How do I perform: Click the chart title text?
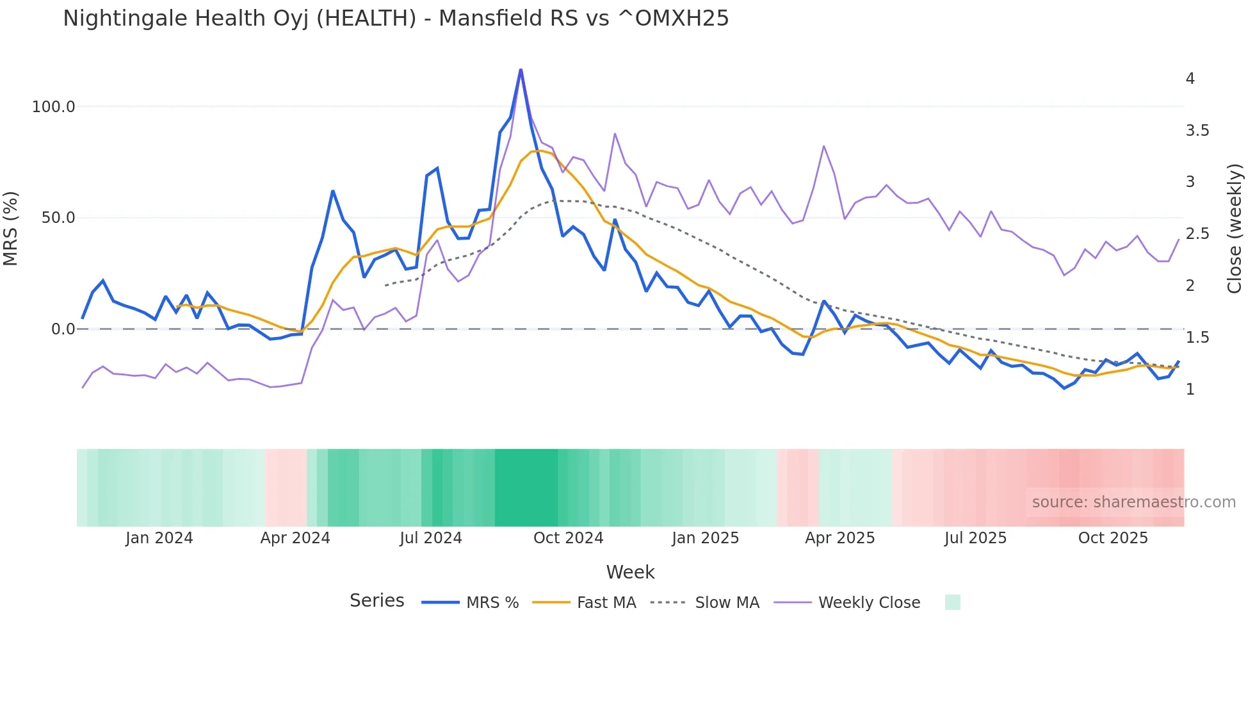point(396,19)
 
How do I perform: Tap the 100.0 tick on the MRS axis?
point(54,107)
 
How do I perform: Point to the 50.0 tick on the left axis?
point(58,218)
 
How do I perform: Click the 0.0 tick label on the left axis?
point(63,329)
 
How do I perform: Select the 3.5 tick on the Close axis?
point(1197,131)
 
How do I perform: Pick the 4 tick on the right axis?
point(1190,79)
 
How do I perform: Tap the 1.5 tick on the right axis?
point(1197,338)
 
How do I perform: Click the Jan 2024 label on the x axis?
point(159,538)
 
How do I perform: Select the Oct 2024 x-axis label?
point(568,538)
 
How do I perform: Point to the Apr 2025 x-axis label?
point(839,538)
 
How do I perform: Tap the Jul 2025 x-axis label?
point(975,538)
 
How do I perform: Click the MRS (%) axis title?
point(11,228)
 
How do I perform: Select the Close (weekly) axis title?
point(1235,228)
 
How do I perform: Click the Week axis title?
point(630,572)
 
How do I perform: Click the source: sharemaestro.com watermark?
point(1133,502)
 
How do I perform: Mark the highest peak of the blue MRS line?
point(521,69)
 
